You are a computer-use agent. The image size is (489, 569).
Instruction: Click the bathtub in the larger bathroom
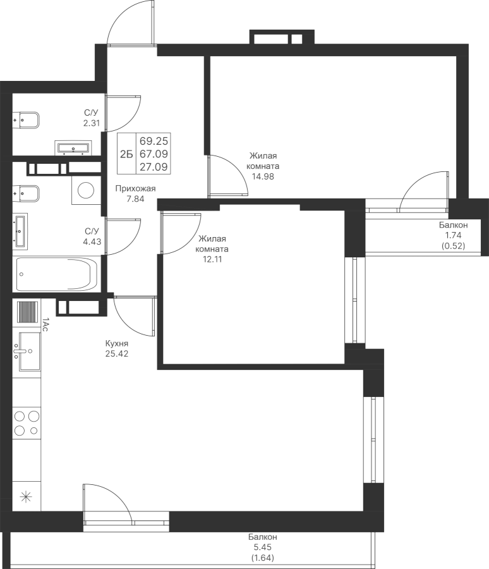(56, 274)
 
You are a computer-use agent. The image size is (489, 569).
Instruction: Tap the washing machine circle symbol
(86, 190)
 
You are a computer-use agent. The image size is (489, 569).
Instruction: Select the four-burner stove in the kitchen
(27, 423)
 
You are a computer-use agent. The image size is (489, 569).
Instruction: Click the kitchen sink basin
(30, 352)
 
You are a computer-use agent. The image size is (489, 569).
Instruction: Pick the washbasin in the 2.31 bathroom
(73, 148)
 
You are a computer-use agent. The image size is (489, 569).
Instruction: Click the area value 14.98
(263, 177)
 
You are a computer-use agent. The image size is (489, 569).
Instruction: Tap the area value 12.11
(212, 259)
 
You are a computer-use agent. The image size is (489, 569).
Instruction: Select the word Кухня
(117, 343)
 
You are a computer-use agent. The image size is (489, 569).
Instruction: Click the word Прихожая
(135, 188)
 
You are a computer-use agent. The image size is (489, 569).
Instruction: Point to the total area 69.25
(154, 140)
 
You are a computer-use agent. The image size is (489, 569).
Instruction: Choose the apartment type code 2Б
(126, 154)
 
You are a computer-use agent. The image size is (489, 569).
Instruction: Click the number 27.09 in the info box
(154, 167)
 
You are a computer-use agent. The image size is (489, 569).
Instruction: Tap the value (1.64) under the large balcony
(263, 558)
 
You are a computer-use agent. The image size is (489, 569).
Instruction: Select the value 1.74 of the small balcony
(453, 235)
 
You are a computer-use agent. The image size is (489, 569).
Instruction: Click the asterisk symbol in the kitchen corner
(26, 496)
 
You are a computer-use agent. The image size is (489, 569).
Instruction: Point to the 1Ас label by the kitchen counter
(45, 324)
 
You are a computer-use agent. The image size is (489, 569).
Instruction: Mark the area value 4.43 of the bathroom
(92, 242)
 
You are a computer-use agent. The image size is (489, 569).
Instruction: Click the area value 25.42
(117, 353)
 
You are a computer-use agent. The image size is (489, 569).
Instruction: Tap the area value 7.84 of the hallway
(135, 199)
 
